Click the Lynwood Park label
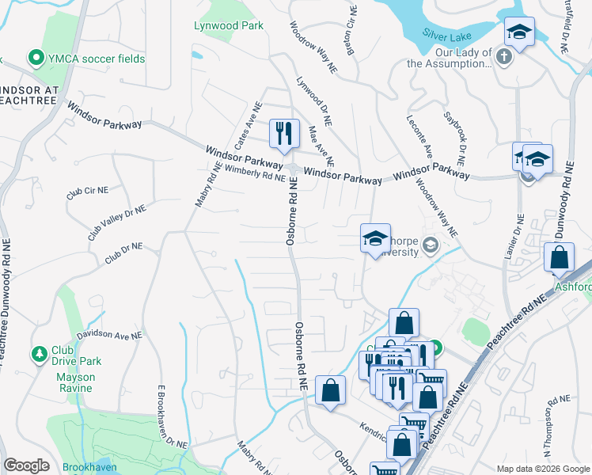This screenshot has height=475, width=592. [x=229, y=25]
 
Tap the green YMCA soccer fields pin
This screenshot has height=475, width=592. [x=35, y=58]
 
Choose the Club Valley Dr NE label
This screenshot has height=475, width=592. [x=117, y=222]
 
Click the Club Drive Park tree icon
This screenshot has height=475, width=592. [x=37, y=351]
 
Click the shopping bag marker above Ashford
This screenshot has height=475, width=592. [x=559, y=258]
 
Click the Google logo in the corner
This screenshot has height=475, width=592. [x=26, y=465]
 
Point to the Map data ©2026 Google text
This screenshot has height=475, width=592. [x=542, y=469]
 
